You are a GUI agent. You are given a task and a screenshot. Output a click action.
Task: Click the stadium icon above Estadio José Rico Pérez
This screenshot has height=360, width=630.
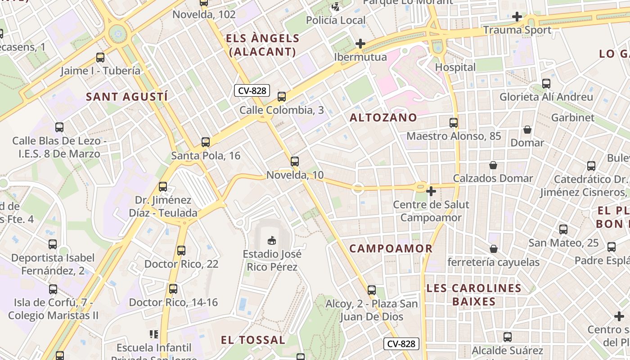tap(271, 241)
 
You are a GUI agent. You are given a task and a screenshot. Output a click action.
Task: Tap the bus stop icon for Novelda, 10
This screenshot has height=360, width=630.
tap(295, 161)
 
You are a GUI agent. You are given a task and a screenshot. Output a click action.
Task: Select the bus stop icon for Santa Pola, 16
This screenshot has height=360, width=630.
tap(206, 142)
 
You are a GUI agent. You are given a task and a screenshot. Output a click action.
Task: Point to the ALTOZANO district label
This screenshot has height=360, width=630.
tap(383, 118)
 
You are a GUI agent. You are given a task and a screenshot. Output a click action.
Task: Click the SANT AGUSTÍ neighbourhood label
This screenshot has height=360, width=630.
tap(127, 97)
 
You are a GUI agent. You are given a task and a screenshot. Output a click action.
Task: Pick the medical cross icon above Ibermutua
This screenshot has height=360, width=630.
tap(360, 44)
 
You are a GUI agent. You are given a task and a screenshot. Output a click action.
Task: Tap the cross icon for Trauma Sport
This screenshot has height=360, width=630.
tap(517, 17)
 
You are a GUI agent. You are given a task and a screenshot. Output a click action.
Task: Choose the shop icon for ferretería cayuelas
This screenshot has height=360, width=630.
tap(494, 249)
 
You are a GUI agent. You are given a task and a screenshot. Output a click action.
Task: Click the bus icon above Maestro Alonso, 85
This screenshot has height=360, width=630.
tap(454, 122)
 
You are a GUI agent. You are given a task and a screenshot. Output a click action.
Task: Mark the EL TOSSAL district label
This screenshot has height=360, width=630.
tap(253, 340)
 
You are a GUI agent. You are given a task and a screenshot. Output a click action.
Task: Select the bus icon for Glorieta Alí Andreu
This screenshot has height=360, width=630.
tap(546, 83)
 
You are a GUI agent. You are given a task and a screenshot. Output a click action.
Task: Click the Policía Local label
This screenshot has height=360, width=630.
tap(336, 20)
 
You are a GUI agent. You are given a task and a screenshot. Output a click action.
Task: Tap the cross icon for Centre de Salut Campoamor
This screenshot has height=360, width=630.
tap(431, 191)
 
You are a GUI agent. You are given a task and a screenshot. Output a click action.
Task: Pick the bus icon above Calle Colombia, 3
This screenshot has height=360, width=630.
tap(282, 96)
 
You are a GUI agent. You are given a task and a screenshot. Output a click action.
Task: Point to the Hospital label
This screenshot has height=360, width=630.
tap(455, 67)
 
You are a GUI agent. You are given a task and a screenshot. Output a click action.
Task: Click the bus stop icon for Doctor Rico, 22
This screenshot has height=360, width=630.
tap(181, 251)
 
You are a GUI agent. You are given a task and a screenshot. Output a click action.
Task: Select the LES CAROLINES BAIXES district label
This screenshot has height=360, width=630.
tap(473, 295)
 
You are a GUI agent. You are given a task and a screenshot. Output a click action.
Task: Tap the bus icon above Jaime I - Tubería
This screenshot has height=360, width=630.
tap(100, 58)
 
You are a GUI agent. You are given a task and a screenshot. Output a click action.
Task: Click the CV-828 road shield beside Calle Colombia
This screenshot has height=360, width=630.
tap(252, 90)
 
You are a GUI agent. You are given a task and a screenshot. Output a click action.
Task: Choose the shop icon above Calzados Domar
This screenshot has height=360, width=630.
tap(493, 165)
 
